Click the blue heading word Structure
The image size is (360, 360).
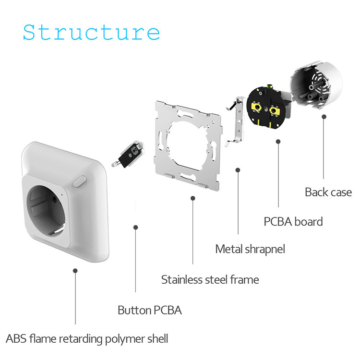[91, 32]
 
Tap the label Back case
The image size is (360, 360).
[328, 192]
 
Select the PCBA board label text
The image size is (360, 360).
[293, 222]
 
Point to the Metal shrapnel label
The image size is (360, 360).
[250, 249]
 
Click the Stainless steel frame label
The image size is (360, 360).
[210, 280]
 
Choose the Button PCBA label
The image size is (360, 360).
[150, 310]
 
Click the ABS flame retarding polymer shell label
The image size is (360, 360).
[87, 339]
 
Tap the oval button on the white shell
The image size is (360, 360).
[80, 181]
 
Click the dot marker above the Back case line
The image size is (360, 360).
[324, 117]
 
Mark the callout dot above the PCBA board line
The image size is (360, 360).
[278, 142]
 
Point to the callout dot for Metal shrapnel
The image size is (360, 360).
[238, 170]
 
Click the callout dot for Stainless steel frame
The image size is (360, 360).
[193, 198]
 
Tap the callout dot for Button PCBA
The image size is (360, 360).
[136, 228]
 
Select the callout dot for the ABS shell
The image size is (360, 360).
[75, 271]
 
